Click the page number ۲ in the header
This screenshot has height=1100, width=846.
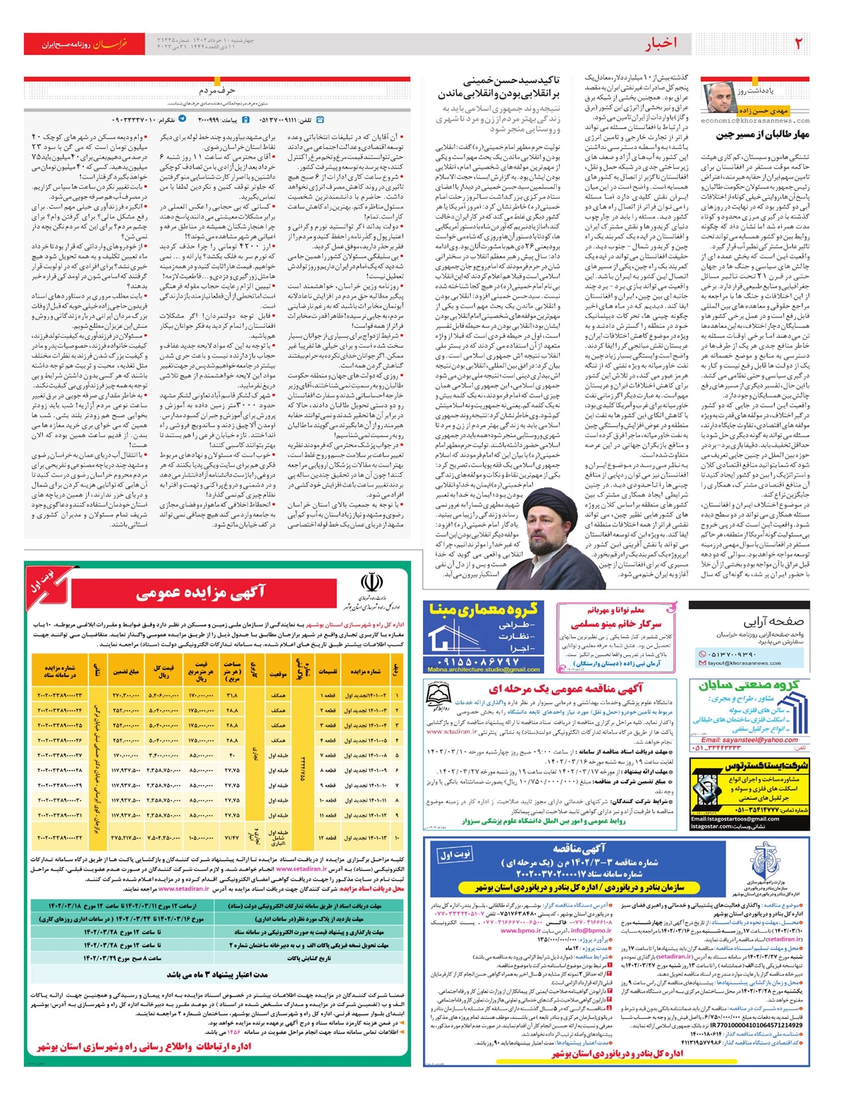[x=798, y=44]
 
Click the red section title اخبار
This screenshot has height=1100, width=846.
[x=661, y=44]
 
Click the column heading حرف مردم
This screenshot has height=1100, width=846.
[x=216, y=90]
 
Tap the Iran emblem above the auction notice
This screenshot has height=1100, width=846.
[x=371, y=583]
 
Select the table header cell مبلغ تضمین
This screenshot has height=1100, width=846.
[x=125, y=672]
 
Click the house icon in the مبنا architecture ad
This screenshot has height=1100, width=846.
[x=452, y=636]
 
